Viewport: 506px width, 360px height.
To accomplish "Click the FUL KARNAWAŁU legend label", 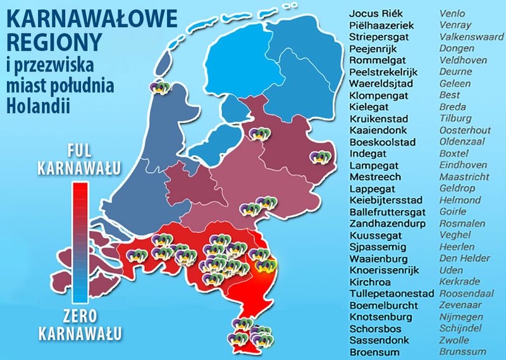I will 80,160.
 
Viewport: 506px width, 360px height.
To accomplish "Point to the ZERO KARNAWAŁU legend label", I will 80,323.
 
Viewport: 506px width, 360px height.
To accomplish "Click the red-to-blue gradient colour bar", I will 80,243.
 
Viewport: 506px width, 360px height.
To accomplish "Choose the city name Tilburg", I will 455,118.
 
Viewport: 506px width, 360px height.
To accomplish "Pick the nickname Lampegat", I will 373,165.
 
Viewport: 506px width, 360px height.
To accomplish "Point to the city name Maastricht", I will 463,177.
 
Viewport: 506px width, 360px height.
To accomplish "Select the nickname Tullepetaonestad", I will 392,294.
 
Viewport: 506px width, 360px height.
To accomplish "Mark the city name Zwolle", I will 454,340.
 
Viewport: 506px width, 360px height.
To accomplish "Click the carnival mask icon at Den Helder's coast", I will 159,88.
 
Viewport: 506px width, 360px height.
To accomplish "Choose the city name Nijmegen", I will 460,316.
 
